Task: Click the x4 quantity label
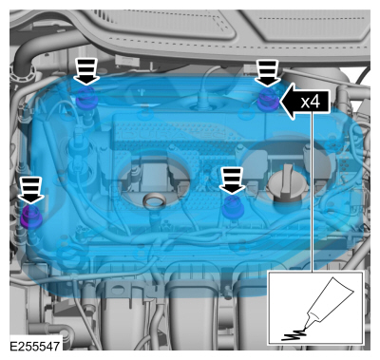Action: tap(311, 102)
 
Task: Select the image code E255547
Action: tap(34, 346)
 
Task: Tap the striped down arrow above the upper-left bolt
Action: tap(86, 72)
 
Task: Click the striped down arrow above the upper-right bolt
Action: tap(268, 73)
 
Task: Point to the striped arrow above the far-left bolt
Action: tap(31, 190)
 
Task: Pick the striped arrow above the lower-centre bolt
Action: tap(233, 180)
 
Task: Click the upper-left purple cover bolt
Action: tap(86, 98)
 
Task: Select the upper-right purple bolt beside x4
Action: tap(268, 100)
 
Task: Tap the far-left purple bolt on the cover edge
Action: tap(30, 217)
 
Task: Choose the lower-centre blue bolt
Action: tap(232, 207)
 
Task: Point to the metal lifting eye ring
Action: tap(154, 201)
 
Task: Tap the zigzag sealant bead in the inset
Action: tap(294, 335)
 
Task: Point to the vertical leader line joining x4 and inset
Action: tap(313, 191)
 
